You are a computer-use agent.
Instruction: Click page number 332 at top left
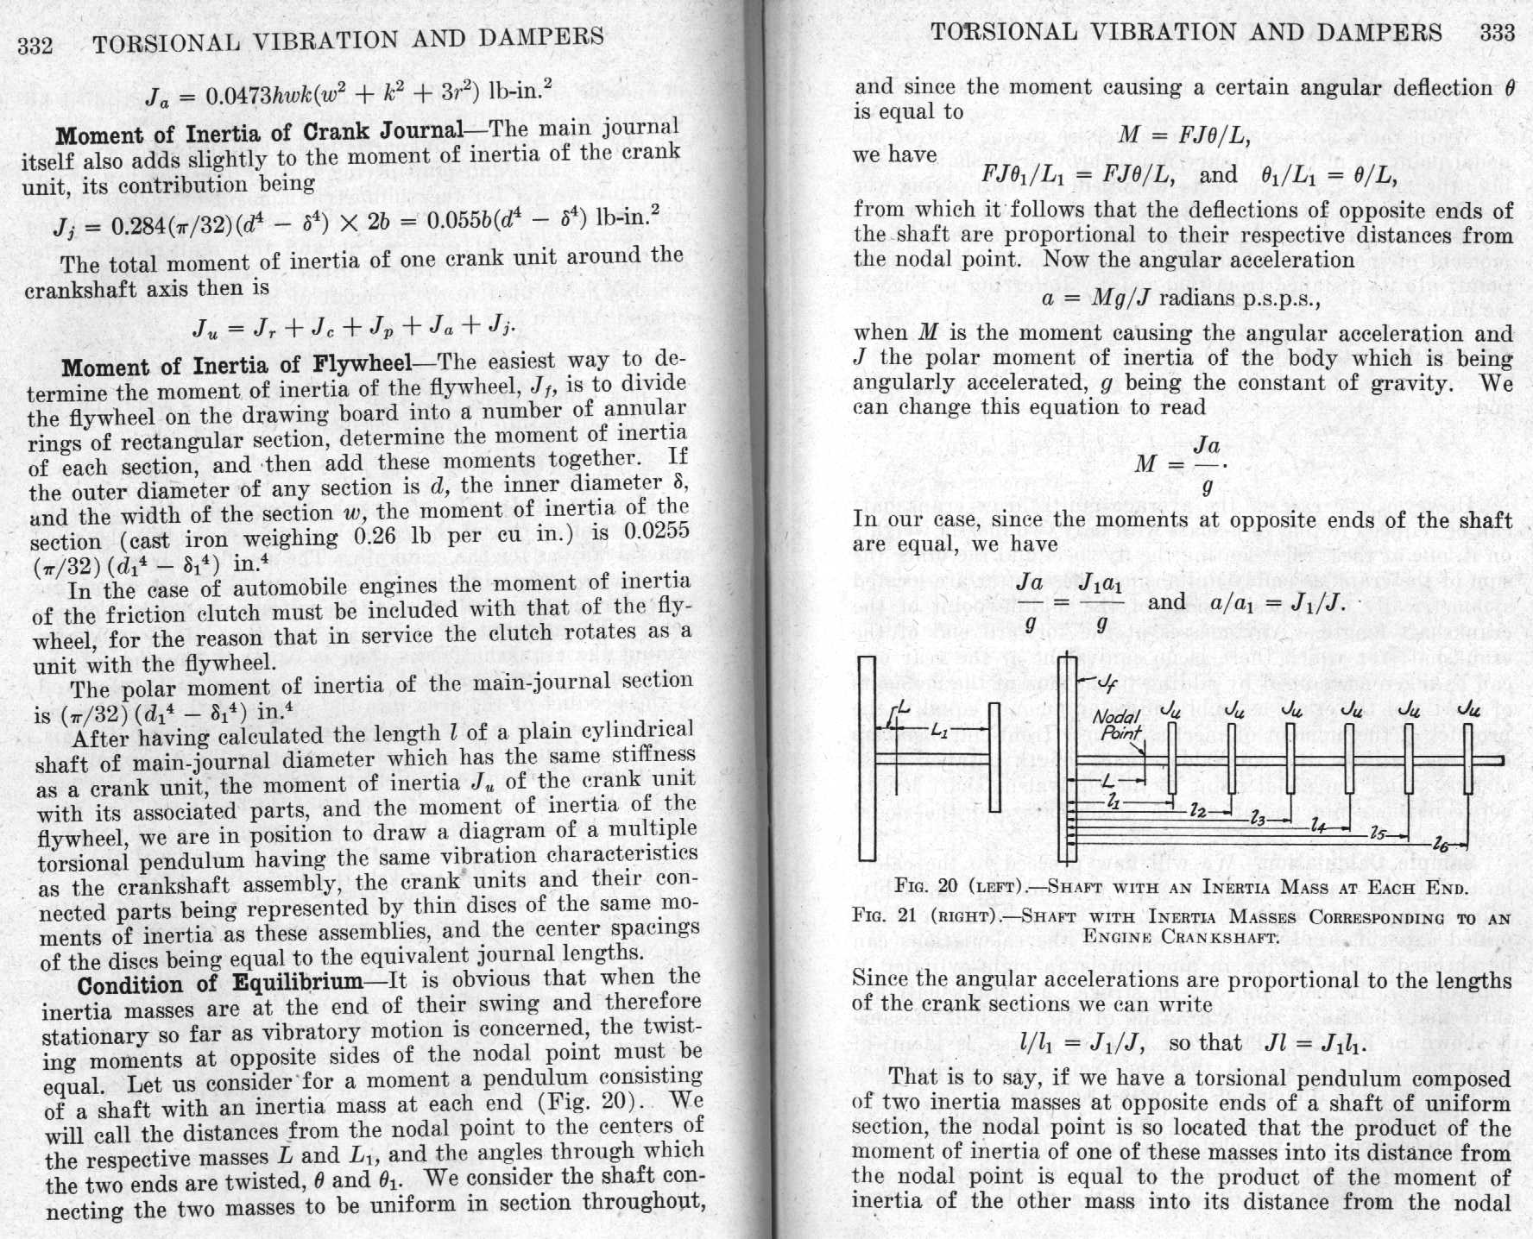point(35,44)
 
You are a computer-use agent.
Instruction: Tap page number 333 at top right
point(1497,33)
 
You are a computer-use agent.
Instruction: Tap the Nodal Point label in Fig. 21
point(1117,724)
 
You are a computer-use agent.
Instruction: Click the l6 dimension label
point(1441,843)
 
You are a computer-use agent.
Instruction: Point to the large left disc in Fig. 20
point(867,758)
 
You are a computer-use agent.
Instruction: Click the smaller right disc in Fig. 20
point(994,758)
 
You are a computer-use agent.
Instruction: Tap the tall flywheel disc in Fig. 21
point(1067,758)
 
